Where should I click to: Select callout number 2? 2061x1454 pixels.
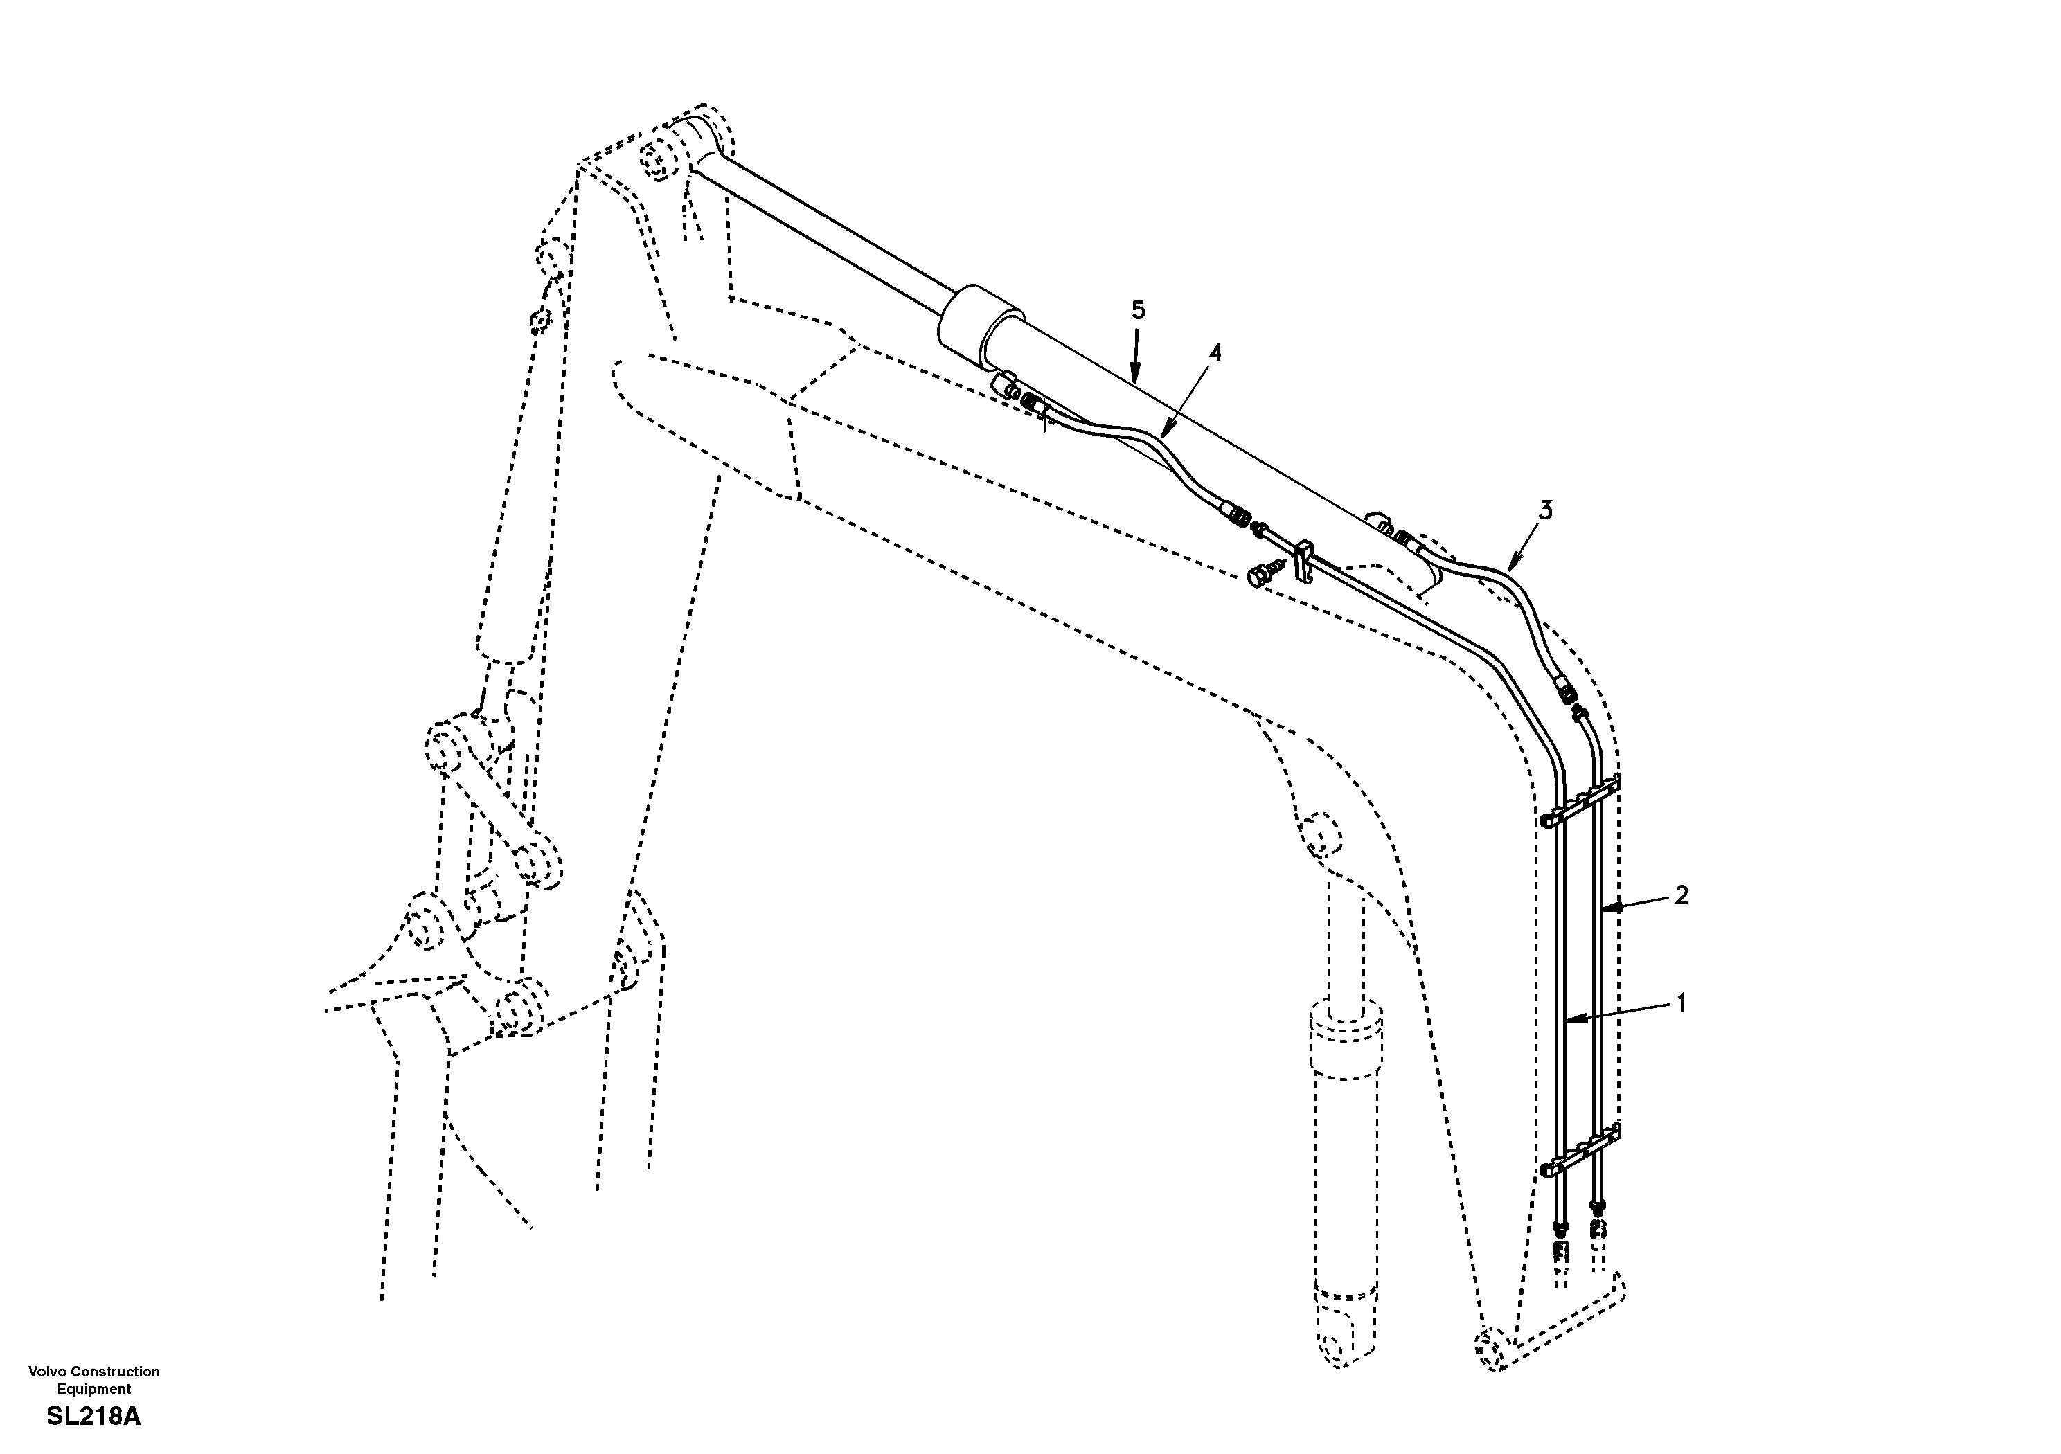(x=1680, y=894)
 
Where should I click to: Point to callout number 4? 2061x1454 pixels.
(x=1215, y=352)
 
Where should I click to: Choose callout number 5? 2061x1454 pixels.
(x=1137, y=311)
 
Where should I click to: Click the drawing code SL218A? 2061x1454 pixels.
(x=93, y=1417)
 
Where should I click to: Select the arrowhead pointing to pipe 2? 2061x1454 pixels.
(x=1609, y=908)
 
